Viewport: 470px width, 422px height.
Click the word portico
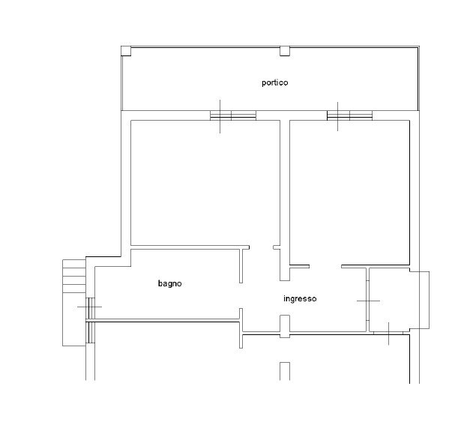click(274, 82)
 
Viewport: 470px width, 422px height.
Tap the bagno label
click(169, 283)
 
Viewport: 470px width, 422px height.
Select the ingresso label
click(300, 299)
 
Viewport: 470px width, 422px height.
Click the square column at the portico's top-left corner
click(126, 51)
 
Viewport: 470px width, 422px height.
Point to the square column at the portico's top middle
click(285, 51)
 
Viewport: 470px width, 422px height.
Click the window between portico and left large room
click(233, 115)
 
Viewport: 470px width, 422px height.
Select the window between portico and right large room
click(349, 115)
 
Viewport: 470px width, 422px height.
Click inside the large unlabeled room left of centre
click(205, 183)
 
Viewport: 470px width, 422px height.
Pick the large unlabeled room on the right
click(349, 193)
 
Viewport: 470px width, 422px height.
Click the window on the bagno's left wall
click(90, 308)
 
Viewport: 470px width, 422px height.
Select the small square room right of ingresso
click(389, 300)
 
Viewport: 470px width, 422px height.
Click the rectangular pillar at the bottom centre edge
click(285, 371)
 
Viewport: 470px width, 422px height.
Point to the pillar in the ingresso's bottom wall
click(285, 326)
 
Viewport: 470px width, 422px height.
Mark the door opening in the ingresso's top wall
click(325, 266)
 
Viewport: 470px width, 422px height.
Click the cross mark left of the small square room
click(368, 301)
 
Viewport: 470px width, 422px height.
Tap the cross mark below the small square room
click(388, 334)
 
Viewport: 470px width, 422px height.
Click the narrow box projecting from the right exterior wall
click(420, 300)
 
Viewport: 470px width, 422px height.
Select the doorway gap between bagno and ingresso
click(241, 295)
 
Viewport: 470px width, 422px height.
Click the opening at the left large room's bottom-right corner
click(261, 247)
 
